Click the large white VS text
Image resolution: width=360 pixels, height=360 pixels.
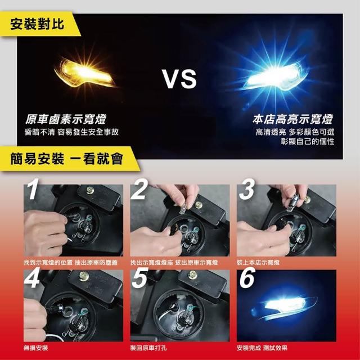tap(179, 79)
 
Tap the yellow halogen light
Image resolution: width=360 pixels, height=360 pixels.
tap(84, 72)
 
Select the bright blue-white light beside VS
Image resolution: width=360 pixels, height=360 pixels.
tap(276, 76)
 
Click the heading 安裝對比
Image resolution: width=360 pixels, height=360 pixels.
tap(37, 24)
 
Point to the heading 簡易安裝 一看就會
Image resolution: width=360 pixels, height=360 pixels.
tap(67, 159)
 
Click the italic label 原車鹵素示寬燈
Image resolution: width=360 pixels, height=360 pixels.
tap(65, 119)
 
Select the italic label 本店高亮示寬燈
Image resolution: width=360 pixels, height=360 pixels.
tap(292, 119)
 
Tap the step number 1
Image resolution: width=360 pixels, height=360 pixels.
tap(33, 189)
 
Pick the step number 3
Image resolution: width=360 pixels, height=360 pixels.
tap(246, 189)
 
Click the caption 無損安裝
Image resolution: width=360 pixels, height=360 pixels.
tap(35, 348)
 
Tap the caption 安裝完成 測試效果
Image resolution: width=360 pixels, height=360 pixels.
tap(262, 348)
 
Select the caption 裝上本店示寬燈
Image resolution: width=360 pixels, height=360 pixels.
tap(258, 263)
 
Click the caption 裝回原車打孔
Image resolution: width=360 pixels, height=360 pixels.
tap(148, 348)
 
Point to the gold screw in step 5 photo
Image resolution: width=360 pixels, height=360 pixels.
tap(192, 275)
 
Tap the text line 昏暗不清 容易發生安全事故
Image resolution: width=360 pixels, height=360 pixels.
tap(71, 132)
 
